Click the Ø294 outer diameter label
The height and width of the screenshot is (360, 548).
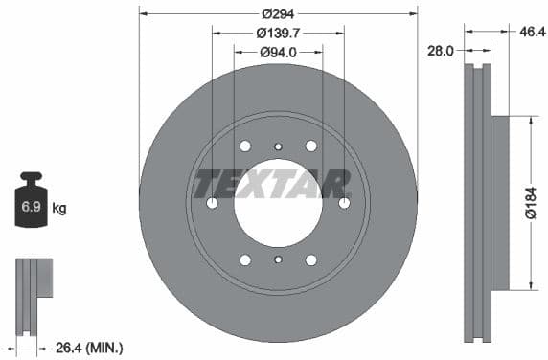click(279, 12)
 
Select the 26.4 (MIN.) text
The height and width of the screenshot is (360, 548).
click(91, 348)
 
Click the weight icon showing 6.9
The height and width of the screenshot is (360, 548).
click(31, 202)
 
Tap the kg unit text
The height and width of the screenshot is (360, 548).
click(59, 207)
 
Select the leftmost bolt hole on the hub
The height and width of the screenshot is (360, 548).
click(212, 203)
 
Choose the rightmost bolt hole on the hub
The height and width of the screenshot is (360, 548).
click(345, 203)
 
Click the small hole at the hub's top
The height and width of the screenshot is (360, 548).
click(278, 146)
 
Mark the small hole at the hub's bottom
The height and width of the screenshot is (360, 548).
click(278, 260)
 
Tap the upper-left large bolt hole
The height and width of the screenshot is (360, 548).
click(245, 146)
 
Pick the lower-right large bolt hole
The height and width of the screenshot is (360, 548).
click(311, 260)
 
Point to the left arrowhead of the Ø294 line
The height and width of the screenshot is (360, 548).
click(144, 12)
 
